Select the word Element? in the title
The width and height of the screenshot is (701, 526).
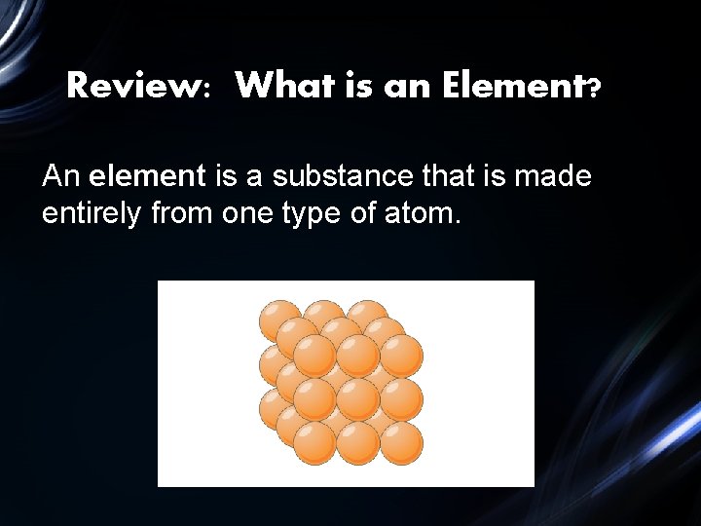point(522,87)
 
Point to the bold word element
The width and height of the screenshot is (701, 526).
point(147,176)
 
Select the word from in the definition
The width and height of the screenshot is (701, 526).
point(183,212)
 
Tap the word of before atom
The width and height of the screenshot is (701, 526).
point(365,212)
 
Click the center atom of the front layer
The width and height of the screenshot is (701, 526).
point(357,399)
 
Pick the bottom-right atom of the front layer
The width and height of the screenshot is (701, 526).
point(401,443)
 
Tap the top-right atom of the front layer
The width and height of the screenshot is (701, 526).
point(401,356)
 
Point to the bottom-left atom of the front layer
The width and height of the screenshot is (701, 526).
point(314,443)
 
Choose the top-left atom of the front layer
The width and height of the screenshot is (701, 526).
point(314,356)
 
